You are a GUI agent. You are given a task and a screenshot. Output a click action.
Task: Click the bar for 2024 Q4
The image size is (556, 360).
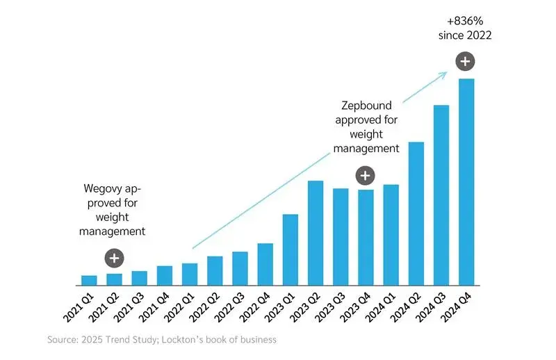[x=466, y=182]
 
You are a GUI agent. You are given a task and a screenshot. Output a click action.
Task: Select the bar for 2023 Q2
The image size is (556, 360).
[x=316, y=233]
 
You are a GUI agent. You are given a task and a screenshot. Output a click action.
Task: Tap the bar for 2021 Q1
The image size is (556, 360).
[x=89, y=280]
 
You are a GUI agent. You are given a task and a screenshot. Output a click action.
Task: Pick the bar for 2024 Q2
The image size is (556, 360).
[x=416, y=213]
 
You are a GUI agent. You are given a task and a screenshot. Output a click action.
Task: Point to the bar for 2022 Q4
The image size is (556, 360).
[x=265, y=264]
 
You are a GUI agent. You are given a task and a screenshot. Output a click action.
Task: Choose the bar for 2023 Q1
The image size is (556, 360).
[x=291, y=249]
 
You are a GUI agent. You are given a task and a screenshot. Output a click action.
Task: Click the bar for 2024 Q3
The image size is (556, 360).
[x=441, y=195]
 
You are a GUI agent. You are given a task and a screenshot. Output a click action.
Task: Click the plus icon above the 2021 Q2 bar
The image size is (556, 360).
[x=114, y=259]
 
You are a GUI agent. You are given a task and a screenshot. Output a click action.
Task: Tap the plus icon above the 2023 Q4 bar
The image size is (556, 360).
[x=366, y=175]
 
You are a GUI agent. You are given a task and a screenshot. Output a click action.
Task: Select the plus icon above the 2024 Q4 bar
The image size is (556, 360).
[x=466, y=61]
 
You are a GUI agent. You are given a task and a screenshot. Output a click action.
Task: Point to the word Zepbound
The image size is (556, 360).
[x=366, y=106]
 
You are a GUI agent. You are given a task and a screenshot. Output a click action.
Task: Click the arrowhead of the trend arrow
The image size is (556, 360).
[x=444, y=72]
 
